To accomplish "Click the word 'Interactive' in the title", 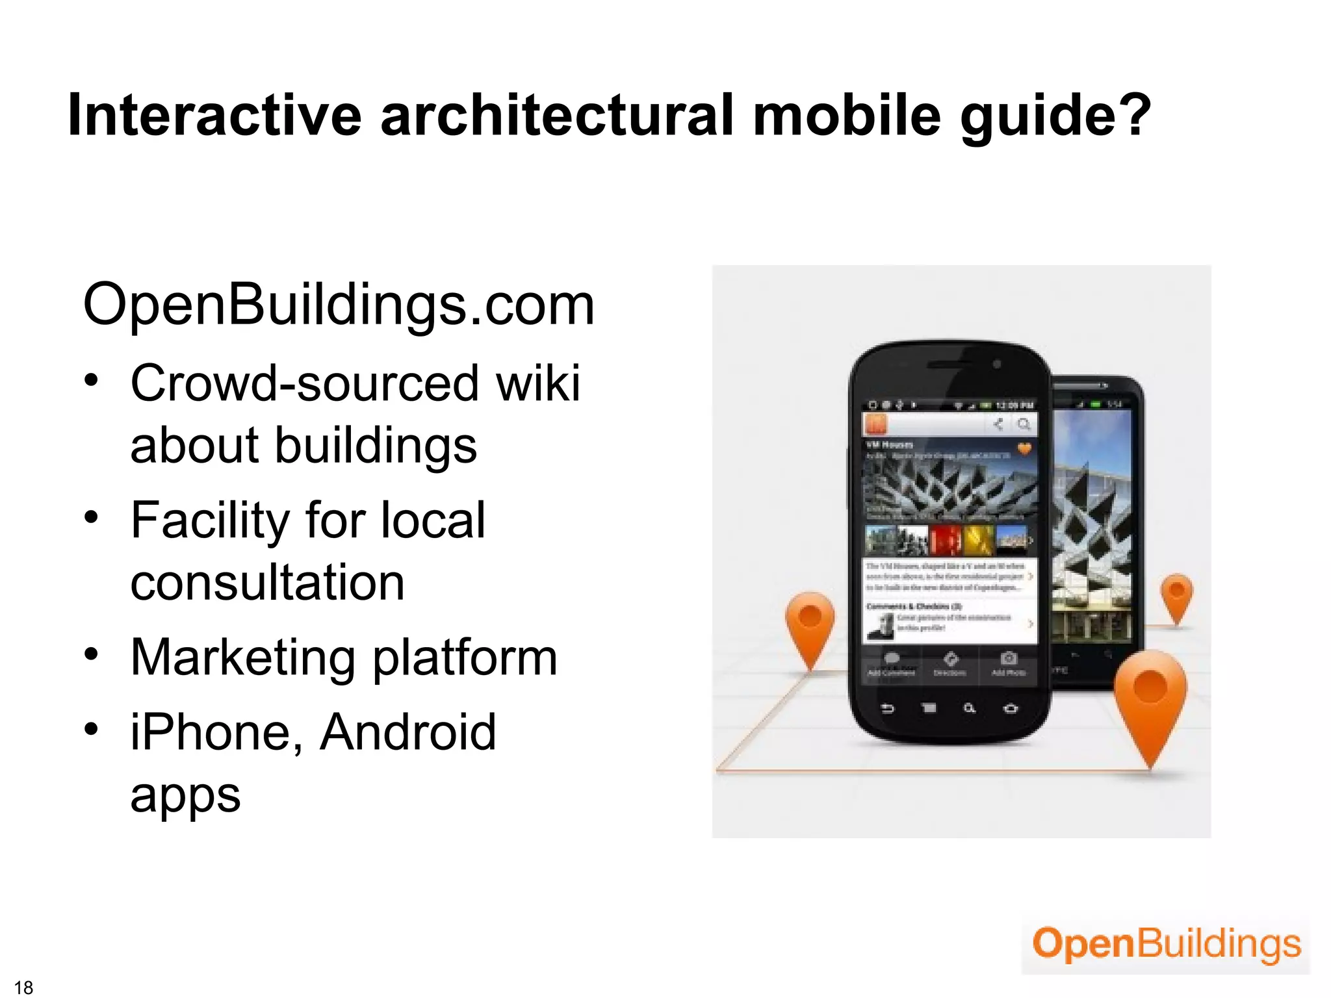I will click(x=214, y=115).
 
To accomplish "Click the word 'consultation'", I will click(x=267, y=582).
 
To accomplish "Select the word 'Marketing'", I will click(x=243, y=658).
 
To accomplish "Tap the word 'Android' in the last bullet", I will click(x=407, y=732).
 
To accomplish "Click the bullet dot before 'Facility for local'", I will click(x=91, y=517).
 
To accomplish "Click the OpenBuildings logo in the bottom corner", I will click(x=1166, y=945).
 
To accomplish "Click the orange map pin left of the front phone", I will click(x=810, y=624).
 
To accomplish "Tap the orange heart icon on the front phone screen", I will click(x=1024, y=448).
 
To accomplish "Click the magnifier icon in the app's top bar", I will click(x=1024, y=425).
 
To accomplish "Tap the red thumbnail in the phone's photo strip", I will click(x=944, y=540).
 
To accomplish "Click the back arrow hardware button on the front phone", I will click(x=888, y=708).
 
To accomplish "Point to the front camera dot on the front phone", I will click(x=996, y=365).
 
